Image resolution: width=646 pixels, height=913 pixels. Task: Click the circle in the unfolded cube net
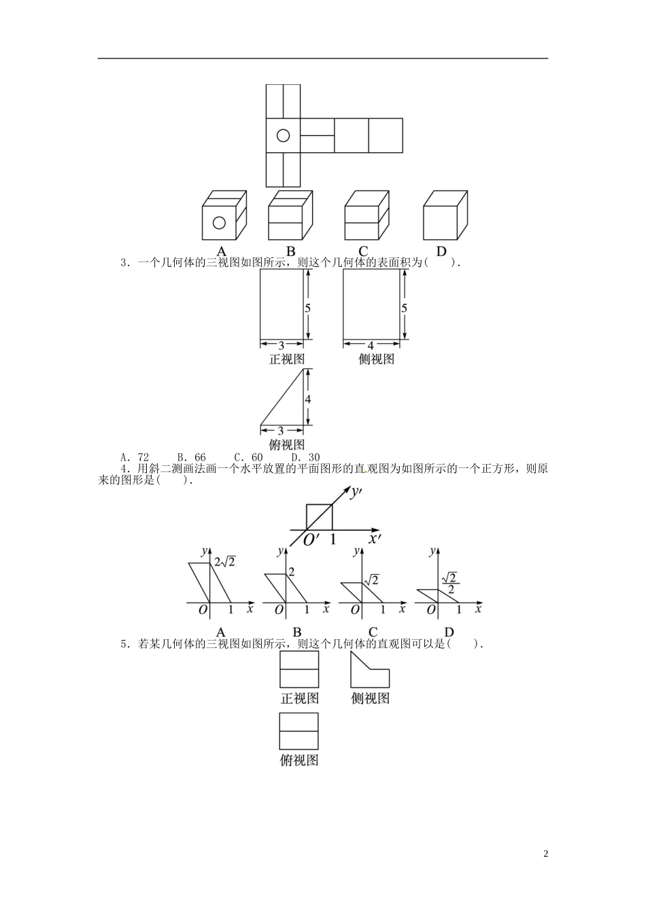tap(283, 135)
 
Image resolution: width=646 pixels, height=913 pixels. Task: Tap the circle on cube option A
tap(219, 223)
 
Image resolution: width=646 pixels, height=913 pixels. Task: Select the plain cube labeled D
tap(445, 215)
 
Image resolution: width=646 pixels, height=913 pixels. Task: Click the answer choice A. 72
tap(135, 457)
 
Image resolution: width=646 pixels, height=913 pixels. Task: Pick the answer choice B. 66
tap(192, 457)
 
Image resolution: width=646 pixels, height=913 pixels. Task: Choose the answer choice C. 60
tap(248, 457)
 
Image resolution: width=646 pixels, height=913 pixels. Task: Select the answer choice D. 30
tap(305, 457)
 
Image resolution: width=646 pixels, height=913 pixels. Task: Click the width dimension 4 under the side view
tap(371, 346)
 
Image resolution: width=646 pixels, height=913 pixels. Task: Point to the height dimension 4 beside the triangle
tap(308, 399)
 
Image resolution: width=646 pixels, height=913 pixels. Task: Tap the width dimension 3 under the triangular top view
tap(281, 431)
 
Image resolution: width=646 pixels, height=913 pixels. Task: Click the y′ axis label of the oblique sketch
tap(356, 494)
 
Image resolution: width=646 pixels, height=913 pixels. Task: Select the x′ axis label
tap(375, 539)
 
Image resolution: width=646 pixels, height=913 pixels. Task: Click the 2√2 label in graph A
tap(225, 562)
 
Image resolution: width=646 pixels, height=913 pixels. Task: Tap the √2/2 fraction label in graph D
tap(451, 584)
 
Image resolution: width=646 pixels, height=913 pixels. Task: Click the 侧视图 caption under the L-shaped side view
tap(370, 698)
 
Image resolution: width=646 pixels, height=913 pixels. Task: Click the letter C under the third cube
tap(363, 251)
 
